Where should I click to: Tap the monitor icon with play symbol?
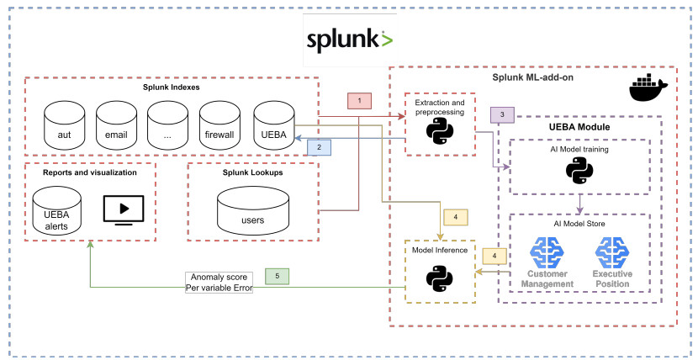coord(124,210)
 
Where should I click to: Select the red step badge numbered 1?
coord(359,100)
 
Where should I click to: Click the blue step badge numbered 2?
coord(319,146)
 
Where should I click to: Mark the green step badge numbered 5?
coord(276,275)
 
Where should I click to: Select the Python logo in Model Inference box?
coord(440,277)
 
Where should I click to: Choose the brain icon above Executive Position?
coord(613,251)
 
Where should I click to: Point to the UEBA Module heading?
coord(579,127)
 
